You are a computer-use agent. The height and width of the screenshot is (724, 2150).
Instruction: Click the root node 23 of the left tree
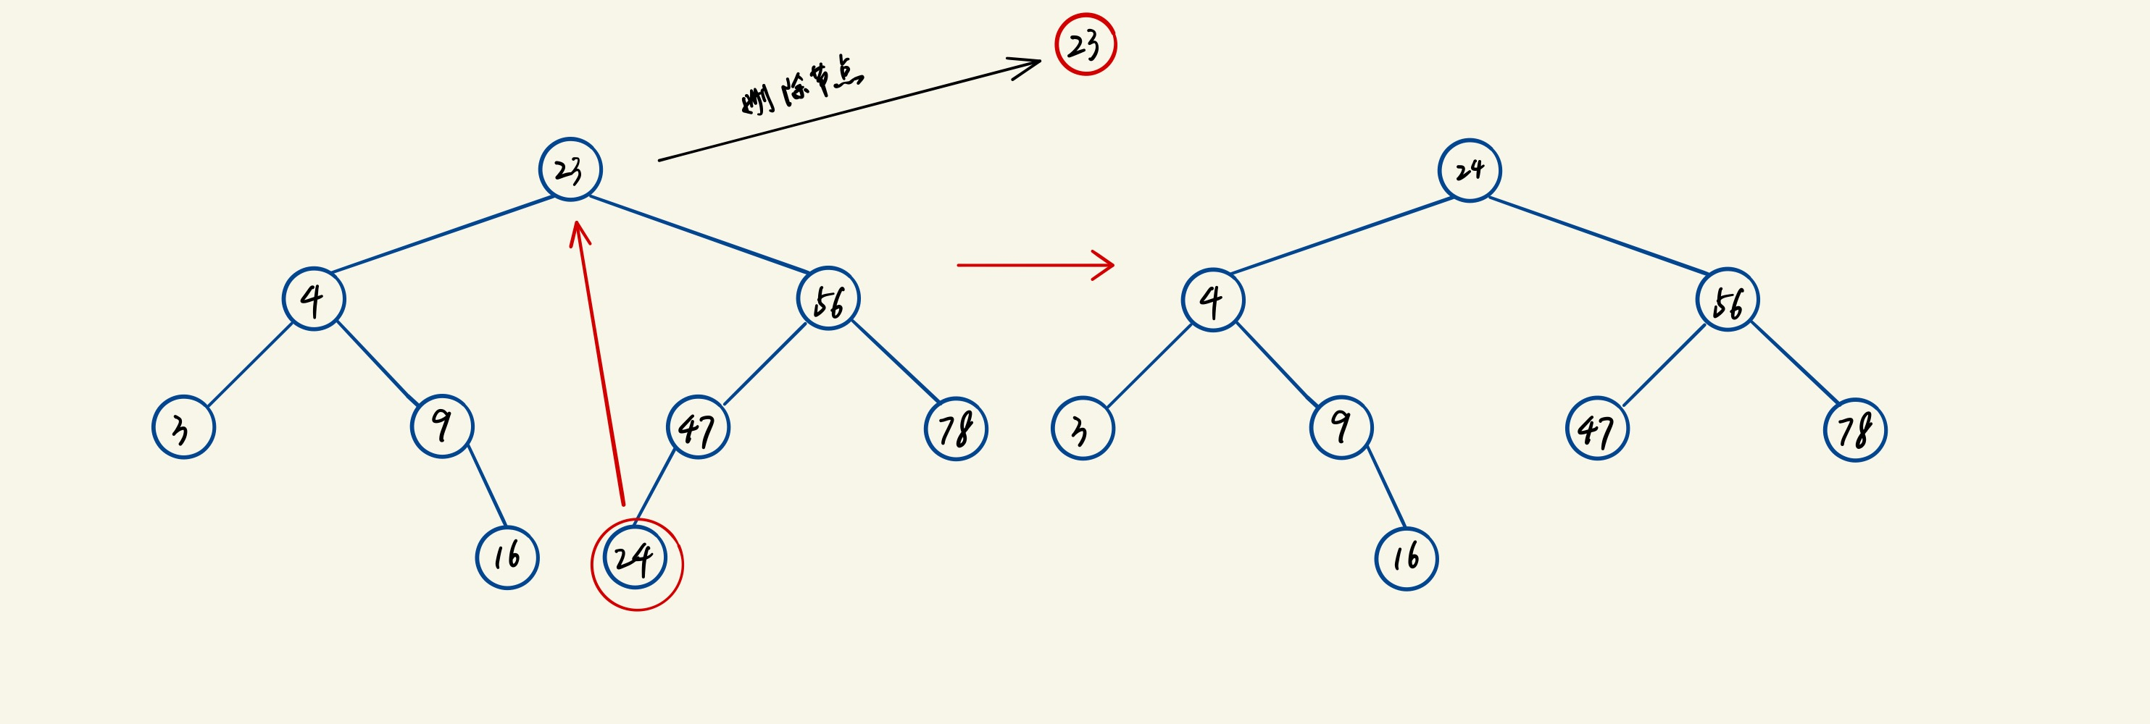point(570,169)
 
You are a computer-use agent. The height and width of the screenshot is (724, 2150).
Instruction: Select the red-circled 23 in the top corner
point(1085,44)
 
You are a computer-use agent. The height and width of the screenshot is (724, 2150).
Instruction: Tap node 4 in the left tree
point(314,298)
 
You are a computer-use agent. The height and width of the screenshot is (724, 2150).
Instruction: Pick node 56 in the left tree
point(828,298)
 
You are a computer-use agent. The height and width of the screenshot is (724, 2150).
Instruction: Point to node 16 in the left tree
point(507,557)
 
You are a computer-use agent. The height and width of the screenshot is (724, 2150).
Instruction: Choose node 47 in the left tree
point(698,428)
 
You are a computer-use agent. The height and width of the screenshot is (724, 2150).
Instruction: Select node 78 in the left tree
point(956,429)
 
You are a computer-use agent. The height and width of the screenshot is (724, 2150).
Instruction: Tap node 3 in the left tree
point(183,427)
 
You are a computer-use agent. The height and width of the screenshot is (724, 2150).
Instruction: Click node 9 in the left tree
point(442,426)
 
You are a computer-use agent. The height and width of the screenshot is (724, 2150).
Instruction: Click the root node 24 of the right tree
point(1470,170)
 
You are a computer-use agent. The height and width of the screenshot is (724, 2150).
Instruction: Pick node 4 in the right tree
point(1213,300)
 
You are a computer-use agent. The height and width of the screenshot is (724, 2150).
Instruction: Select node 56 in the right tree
point(1727,300)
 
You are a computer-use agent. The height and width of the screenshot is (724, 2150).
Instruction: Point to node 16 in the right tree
point(1407,558)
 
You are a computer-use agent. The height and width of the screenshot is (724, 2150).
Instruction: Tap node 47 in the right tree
point(1596,429)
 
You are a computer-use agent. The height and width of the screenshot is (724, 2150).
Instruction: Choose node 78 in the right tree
point(1854,430)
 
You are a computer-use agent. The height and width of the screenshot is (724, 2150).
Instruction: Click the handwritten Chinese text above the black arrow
point(802,86)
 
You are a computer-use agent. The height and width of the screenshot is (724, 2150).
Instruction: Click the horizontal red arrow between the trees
point(1035,265)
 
